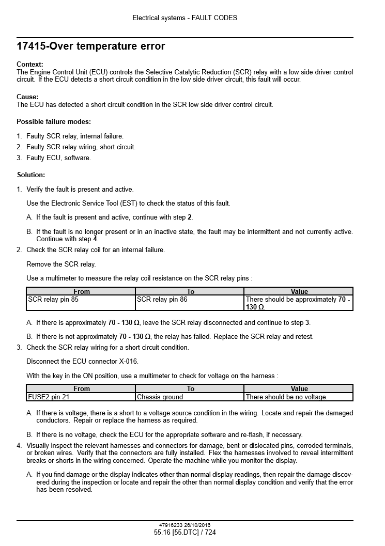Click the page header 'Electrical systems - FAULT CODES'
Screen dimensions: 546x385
pyautogui.click(x=184, y=18)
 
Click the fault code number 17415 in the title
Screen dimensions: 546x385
pyautogui.click(x=29, y=46)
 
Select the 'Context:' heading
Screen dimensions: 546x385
pyautogui.click(x=30, y=64)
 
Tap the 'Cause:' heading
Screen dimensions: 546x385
pyautogui.click(x=27, y=97)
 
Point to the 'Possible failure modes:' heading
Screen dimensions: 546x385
pyautogui.click(x=54, y=122)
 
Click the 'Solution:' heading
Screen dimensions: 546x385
pyautogui.click(x=31, y=175)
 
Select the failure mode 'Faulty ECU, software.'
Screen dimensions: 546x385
pyautogui.click(x=58, y=158)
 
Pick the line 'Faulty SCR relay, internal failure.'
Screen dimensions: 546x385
pyautogui.click(x=75, y=136)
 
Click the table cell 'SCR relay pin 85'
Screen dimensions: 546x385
pyautogui.click(x=53, y=299)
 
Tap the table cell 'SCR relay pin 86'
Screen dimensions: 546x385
pyautogui.click(x=162, y=299)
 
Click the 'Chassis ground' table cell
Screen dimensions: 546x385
pyautogui.click(x=160, y=397)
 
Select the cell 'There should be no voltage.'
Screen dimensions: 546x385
pyautogui.click(x=286, y=397)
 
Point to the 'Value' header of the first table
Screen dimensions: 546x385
pyautogui.click(x=299, y=291)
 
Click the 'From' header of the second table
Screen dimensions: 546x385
pyautogui.click(x=82, y=388)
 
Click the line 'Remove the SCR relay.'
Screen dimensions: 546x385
pyautogui.click(x=61, y=264)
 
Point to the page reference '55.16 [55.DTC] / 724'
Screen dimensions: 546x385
pyautogui.click(x=185, y=533)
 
